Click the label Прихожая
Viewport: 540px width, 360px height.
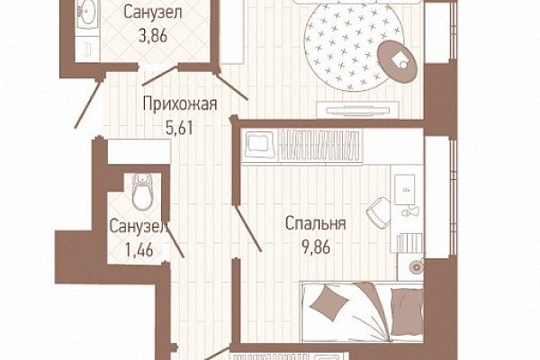click(180, 104)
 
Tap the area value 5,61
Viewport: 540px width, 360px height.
click(179, 128)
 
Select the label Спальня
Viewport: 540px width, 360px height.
click(316, 224)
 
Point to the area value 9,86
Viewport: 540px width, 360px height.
click(316, 247)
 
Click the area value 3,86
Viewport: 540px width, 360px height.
click(153, 35)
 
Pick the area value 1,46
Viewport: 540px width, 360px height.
click(139, 250)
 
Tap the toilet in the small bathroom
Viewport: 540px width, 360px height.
click(142, 192)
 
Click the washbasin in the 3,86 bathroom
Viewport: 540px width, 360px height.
click(88, 14)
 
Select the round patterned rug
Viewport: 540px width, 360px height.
click(353, 47)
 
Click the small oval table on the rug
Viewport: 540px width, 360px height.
click(397, 61)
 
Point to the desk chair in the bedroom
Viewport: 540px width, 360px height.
click(379, 212)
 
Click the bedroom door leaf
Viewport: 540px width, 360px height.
click(247, 228)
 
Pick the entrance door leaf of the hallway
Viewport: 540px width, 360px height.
click(87, 103)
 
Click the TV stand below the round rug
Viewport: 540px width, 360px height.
click(358, 110)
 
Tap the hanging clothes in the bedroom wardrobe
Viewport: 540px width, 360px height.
click(319, 145)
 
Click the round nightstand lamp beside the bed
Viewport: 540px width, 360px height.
click(414, 267)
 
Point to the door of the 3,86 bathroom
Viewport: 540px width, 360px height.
click(159, 76)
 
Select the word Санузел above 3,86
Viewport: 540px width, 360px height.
click(153, 13)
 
